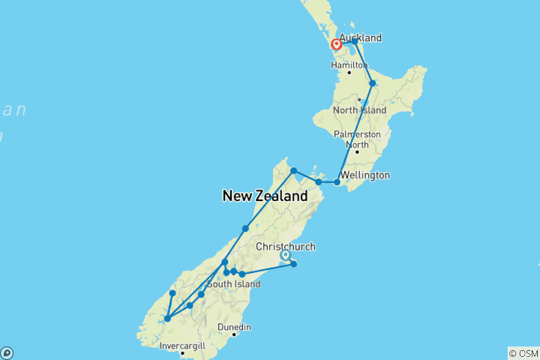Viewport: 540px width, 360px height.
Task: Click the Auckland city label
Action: click(361, 37)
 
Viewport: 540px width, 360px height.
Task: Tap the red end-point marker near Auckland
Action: click(337, 45)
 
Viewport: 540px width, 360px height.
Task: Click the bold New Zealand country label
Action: click(265, 196)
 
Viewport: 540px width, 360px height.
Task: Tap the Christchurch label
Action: click(286, 246)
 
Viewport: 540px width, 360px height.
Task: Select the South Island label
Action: click(233, 283)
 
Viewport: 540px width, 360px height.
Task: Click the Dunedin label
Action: click(234, 327)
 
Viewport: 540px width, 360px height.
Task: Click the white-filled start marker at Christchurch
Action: click(285, 256)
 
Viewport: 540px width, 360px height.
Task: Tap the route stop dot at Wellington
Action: click(337, 181)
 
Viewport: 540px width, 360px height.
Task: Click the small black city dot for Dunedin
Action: click(234, 335)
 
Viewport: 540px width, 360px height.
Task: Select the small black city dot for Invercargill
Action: click(182, 353)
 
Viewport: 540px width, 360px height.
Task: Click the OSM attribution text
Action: click(523, 352)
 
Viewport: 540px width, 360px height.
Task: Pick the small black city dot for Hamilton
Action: click(349, 72)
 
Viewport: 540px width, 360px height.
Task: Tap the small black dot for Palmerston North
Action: click(357, 152)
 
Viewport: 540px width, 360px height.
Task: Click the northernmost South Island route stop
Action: click(294, 171)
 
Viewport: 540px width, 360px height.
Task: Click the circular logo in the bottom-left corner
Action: click(7, 352)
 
